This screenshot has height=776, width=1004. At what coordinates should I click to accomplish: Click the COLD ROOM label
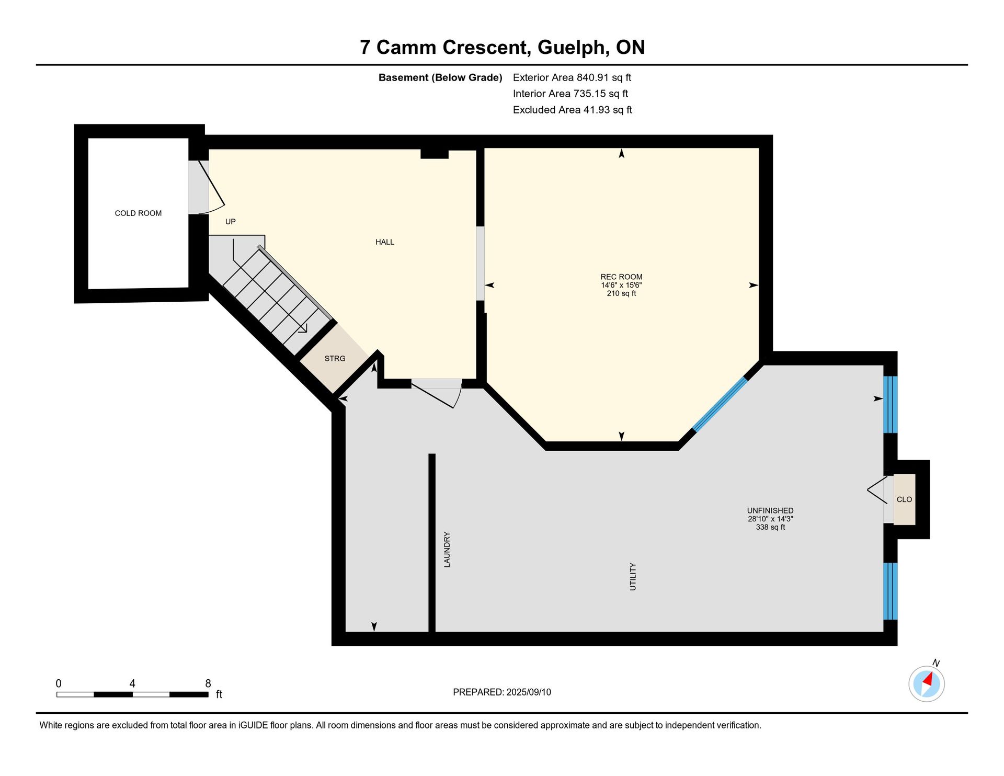click(x=138, y=213)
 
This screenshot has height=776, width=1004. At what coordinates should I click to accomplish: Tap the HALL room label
click(x=385, y=242)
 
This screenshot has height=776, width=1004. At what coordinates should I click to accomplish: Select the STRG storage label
click(x=335, y=359)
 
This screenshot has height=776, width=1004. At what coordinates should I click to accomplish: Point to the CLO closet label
click(x=904, y=499)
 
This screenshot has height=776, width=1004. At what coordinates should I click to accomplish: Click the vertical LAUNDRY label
click(x=447, y=550)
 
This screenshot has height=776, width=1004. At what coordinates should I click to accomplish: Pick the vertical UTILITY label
click(x=633, y=577)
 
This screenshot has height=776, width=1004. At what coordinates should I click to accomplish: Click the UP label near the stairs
click(x=231, y=222)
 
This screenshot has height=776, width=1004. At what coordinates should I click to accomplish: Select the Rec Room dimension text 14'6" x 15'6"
click(x=621, y=286)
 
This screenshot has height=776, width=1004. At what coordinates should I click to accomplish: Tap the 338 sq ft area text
click(x=770, y=527)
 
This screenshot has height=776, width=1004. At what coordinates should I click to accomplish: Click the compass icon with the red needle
click(x=927, y=683)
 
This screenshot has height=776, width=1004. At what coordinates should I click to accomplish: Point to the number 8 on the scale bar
click(x=208, y=683)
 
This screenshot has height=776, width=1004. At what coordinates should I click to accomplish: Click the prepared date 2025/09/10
click(x=529, y=692)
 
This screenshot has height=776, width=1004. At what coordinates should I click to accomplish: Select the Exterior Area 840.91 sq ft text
click(x=572, y=78)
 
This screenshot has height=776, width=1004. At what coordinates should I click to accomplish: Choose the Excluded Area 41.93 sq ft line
click(x=573, y=110)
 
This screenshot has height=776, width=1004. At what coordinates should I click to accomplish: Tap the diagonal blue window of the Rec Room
click(x=721, y=404)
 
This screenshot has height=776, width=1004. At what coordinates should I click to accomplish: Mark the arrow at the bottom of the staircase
click(x=303, y=328)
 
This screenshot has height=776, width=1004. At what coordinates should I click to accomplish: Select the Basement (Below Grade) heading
click(x=440, y=78)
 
